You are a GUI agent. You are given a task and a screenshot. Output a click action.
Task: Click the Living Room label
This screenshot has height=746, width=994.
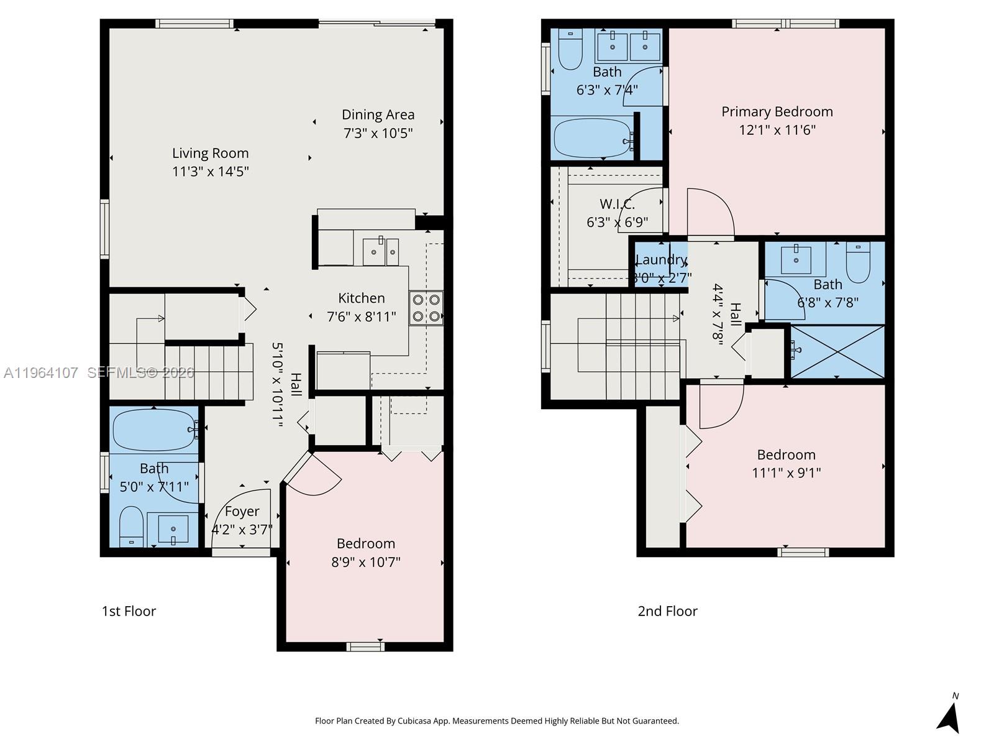(210, 153)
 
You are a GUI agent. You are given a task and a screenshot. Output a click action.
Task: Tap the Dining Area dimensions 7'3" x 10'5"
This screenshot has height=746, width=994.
(378, 133)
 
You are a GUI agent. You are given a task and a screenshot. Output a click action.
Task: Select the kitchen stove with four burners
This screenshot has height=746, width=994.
(426, 308)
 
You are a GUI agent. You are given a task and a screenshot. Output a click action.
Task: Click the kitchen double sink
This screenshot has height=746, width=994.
(380, 251)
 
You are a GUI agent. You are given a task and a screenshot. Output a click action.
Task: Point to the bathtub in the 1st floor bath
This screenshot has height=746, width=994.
(153, 430)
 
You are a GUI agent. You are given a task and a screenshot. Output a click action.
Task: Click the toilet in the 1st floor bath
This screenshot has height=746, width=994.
(131, 526)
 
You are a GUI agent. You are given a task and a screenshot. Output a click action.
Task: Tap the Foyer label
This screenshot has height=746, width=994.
(242, 511)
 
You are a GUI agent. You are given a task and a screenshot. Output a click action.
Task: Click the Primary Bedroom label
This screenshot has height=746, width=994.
(777, 112)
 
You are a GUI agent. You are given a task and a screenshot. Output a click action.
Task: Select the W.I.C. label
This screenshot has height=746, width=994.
(617, 204)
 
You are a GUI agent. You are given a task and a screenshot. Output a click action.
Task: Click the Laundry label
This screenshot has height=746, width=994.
(661, 260)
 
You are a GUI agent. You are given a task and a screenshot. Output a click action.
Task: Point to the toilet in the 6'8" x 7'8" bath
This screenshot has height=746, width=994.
(858, 262)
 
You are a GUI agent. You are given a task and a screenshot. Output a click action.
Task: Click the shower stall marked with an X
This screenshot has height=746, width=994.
(837, 351)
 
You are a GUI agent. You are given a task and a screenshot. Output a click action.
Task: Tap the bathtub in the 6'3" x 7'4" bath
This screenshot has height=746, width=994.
(592, 138)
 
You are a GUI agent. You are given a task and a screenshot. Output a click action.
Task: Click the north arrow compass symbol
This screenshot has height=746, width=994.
(949, 718)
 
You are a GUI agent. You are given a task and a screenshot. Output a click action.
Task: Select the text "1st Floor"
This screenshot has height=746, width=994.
(129, 611)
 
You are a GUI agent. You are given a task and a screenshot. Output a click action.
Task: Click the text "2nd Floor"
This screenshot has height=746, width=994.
(667, 611)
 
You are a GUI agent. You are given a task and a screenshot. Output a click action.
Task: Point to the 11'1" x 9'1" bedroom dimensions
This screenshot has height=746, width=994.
(786, 473)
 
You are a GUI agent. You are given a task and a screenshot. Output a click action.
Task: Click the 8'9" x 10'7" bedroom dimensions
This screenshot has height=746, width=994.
(365, 563)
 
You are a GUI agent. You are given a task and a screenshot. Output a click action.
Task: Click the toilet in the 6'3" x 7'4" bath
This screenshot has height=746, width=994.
(570, 51)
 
